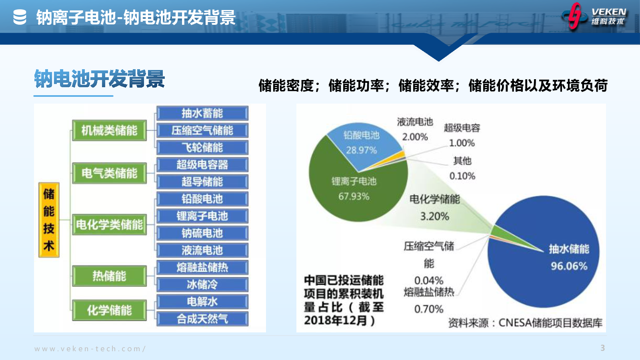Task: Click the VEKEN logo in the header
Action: point(594,16)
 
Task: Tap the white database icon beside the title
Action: point(20,17)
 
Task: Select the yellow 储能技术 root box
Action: point(49,220)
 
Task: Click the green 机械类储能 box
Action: point(110,130)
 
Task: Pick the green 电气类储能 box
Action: point(110,173)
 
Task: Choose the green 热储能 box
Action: point(110,276)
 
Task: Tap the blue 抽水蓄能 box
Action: point(202,114)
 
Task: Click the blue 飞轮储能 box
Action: point(202,148)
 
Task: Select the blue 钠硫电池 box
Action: point(202,233)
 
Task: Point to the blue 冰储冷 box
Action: point(202,284)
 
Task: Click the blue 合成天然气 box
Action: point(202,319)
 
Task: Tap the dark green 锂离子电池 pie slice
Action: point(354,192)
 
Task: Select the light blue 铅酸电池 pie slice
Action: point(362,143)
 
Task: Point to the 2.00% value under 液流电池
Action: point(415,137)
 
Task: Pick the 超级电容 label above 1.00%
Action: point(462,128)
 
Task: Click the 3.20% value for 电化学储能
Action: point(434,216)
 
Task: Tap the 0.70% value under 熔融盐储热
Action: point(429,309)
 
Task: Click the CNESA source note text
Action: point(525,323)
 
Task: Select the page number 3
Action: point(602,348)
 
